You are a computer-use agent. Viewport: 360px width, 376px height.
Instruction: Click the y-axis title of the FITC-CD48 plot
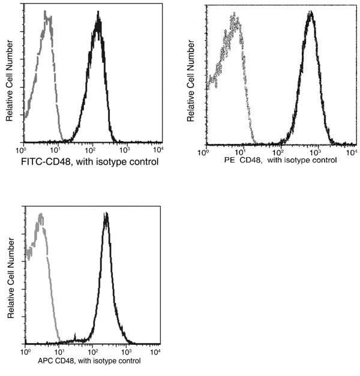(10, 76)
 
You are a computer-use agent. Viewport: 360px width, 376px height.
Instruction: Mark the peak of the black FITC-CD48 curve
(98, 18)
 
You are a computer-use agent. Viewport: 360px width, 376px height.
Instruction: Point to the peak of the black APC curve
(106, 214)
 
